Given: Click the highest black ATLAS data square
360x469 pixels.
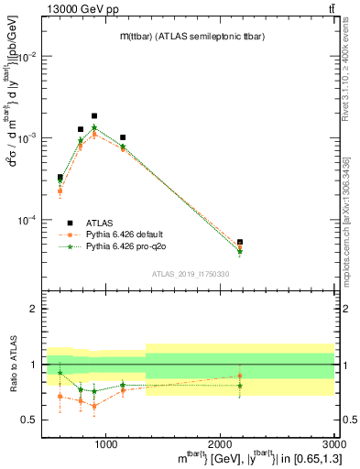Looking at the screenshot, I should [94, 116].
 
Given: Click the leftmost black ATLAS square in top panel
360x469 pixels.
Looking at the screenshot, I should [60, 178].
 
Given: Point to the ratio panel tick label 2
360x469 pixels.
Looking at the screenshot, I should [36, 309].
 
